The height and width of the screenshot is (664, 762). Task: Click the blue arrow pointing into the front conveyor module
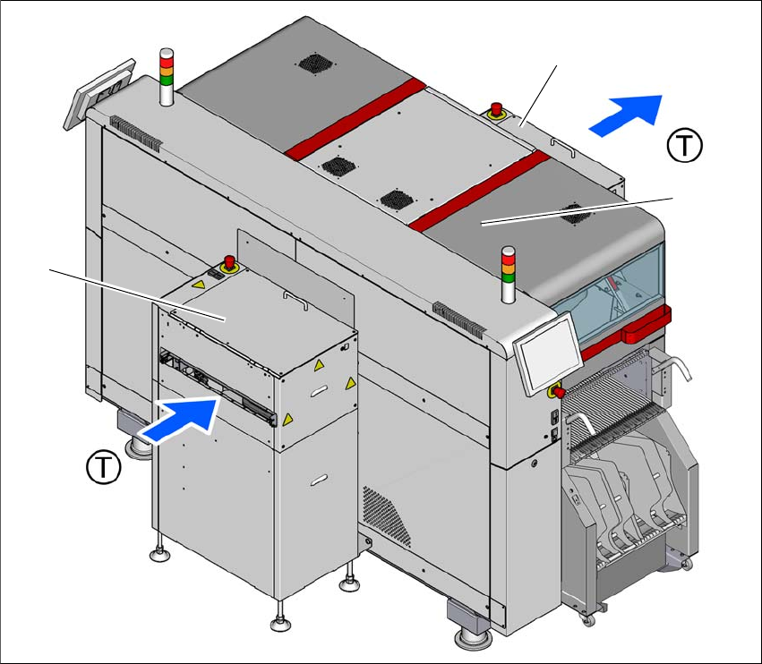[181, 417]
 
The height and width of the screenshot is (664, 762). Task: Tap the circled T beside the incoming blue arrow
[104, 465]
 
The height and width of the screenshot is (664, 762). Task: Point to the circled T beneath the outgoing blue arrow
[685, 144]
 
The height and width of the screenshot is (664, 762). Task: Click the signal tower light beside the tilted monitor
[166, 76]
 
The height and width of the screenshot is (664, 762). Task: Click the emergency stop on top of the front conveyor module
[228, 263]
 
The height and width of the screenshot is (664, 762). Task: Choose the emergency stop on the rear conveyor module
[496, 110]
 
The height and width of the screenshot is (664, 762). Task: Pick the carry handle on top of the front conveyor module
[288, 294]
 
